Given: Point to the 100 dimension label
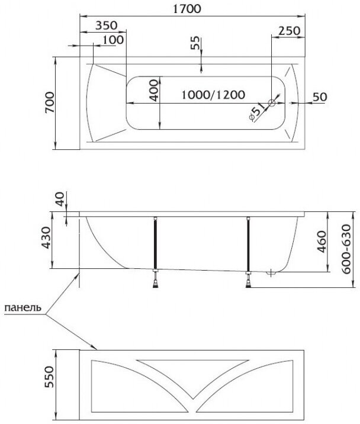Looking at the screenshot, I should tap(112, 40).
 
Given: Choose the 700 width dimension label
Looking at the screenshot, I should tap(49, 102).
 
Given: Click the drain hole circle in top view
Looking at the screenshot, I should tap(272, 103).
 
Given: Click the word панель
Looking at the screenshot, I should tap(22, 308).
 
